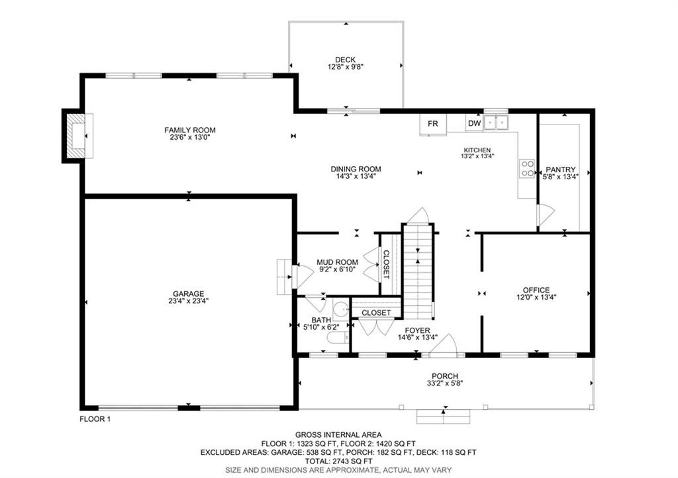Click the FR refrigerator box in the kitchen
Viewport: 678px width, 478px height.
point(432,124)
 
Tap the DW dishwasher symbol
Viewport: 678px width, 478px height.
point(474,123)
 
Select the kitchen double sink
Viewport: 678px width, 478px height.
point(496,122)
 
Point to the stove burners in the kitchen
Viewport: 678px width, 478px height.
point(527,168)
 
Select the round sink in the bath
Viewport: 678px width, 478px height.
point(341,310)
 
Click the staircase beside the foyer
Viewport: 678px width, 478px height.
point(417,271)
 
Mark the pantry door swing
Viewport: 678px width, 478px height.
point(545,214)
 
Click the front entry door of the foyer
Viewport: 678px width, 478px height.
point(448,344)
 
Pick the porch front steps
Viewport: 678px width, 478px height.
point(443,416)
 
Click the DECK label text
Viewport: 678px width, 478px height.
point(345,60)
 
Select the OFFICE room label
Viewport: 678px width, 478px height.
point(536,290)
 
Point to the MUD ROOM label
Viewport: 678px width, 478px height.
point(337,262)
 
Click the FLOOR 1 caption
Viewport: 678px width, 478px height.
point(95,418)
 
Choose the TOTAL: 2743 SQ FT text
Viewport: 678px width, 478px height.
point(338,461)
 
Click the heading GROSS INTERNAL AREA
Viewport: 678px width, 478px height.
point(338,434)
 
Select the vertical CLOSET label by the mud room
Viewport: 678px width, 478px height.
point(386,265)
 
